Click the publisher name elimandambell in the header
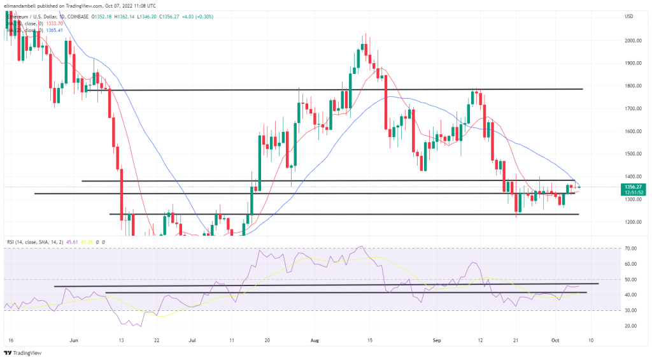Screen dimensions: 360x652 (x=22, y=6)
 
